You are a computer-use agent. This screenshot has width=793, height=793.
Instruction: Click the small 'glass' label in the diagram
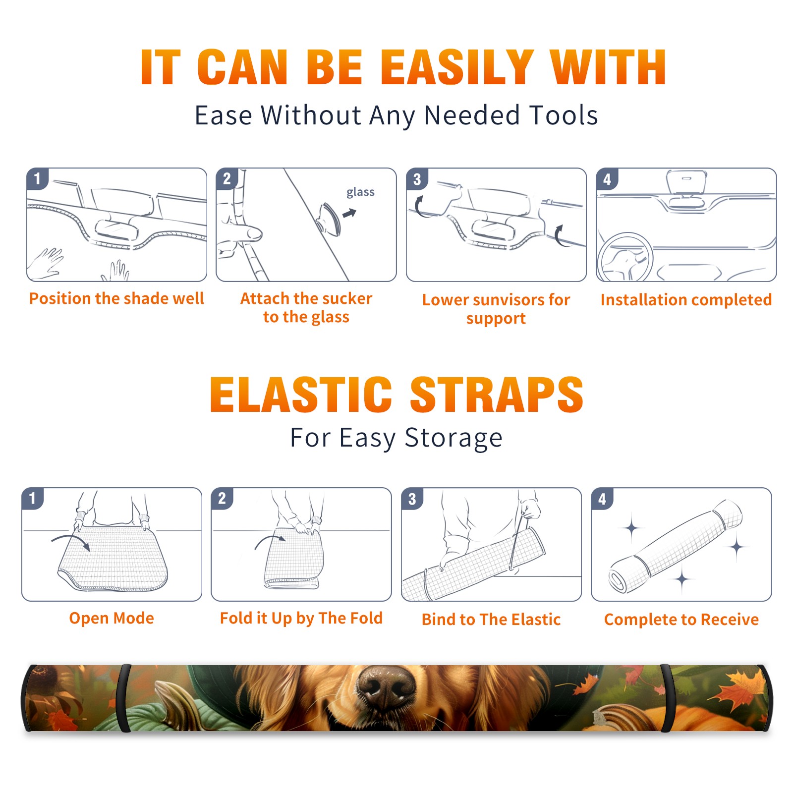pos(360,192)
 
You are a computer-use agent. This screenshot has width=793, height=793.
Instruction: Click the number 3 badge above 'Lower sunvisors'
pos(417,179)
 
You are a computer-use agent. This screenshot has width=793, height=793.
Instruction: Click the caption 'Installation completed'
pos(686,300)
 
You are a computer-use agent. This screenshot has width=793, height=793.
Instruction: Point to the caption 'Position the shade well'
pos(116,298)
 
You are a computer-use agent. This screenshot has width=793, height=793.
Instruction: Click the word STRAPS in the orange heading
pos(497,395)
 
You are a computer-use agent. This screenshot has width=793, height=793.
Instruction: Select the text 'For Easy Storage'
pos(396,438)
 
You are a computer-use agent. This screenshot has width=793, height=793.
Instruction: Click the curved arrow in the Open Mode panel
pos(71,541)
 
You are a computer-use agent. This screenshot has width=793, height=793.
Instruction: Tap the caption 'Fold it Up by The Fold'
pos(301,618)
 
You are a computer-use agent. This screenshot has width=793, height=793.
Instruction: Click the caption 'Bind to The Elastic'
pos(491,620)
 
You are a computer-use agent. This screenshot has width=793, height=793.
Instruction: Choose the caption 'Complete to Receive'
pos(681,620)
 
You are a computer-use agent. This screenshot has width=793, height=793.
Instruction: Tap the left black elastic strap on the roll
pos(123,699)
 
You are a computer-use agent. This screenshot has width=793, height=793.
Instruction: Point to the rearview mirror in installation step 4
pos(686,182)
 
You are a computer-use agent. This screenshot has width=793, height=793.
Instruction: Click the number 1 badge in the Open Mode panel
pos(33,499)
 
